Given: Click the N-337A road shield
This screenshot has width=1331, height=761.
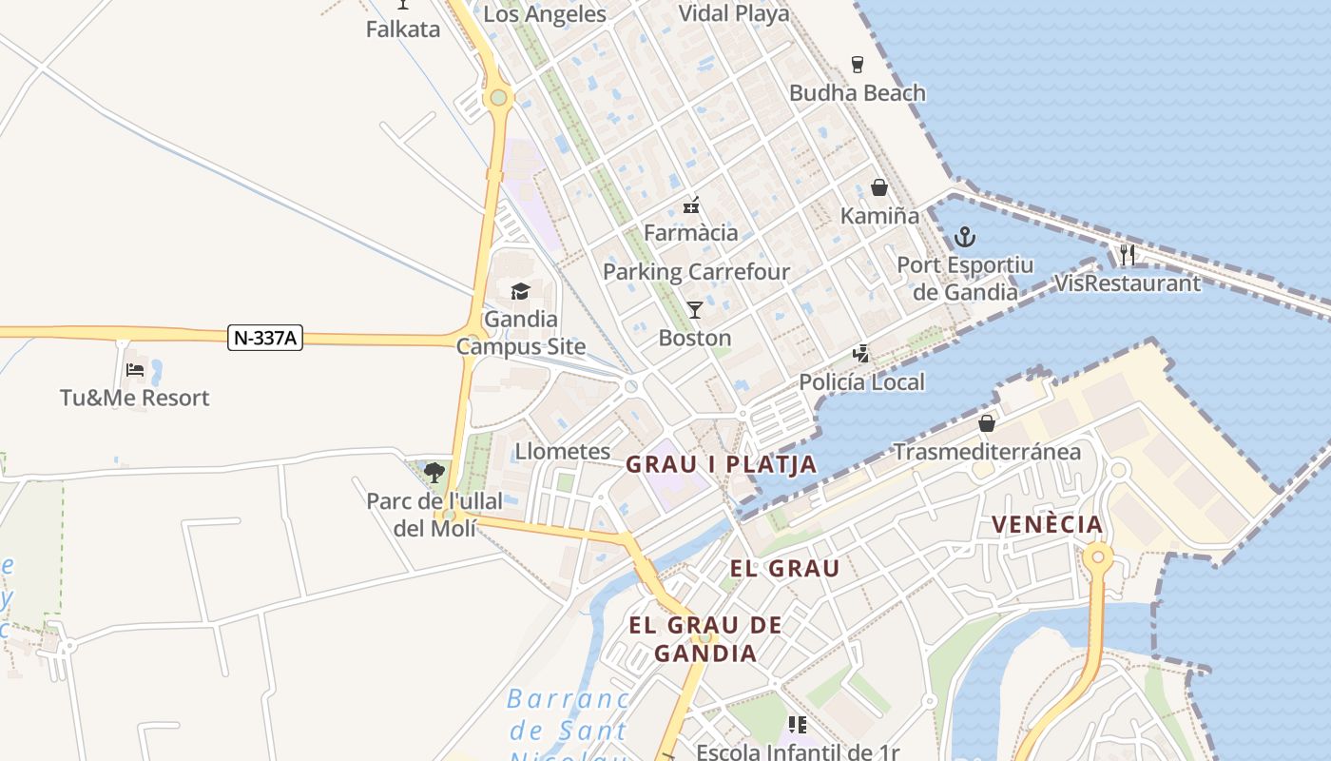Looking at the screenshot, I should (265, 338).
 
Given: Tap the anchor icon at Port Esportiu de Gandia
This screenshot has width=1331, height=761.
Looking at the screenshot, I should (965, 236).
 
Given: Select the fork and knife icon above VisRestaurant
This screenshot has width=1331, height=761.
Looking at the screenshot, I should (1128, 254).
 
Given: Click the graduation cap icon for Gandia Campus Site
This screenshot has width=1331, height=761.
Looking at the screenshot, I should (520, 291).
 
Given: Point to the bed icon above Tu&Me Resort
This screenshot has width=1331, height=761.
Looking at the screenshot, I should (134, 369).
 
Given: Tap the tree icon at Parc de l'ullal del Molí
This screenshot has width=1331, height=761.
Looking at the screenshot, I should (434, 472).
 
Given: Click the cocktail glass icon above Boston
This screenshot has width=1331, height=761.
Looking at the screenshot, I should (695, 309).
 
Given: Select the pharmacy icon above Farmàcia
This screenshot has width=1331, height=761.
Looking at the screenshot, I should (691, 205).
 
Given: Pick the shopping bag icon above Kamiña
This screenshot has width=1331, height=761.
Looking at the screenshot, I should (879, 187).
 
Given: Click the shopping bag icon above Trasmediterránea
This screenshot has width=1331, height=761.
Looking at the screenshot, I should (987, 422).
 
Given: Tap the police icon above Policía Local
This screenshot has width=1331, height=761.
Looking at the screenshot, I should (861, 354).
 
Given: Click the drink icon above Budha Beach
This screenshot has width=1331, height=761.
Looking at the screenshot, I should (858, 65).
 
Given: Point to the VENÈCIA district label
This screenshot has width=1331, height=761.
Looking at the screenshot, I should (1047, 524).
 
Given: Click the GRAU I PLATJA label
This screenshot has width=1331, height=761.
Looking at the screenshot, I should (721, 464).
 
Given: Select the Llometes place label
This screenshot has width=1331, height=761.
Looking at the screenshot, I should (563, 451).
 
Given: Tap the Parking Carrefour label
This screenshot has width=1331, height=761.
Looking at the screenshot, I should (696, 272).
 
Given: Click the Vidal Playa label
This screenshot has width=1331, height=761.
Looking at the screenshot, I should (733, 13).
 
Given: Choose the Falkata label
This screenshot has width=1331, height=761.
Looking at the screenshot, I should (403, 29).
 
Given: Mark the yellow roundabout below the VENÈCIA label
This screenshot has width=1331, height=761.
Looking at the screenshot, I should (1098, 556).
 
